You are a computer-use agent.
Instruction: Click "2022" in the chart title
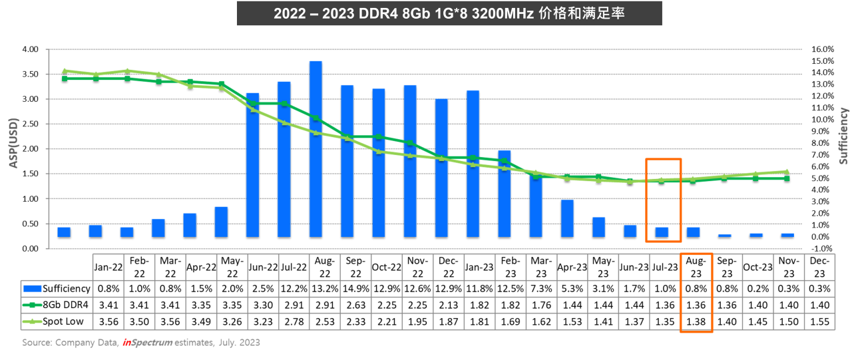click(288, 14)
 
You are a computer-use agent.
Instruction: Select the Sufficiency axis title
click(843, 136)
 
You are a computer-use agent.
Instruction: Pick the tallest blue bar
click(316, 148)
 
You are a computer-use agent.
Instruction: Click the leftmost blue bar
click(64, 232)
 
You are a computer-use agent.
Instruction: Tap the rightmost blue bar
click(787, 235)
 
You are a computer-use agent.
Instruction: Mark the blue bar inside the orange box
click(662, 232)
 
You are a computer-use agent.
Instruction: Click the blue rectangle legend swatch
click(33, 289)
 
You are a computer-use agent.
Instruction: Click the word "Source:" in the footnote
click(37, 343)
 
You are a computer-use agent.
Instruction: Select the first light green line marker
click(65, 71)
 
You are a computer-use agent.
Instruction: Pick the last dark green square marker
click(787, 178)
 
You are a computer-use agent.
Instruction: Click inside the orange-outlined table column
click(696, 293)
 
